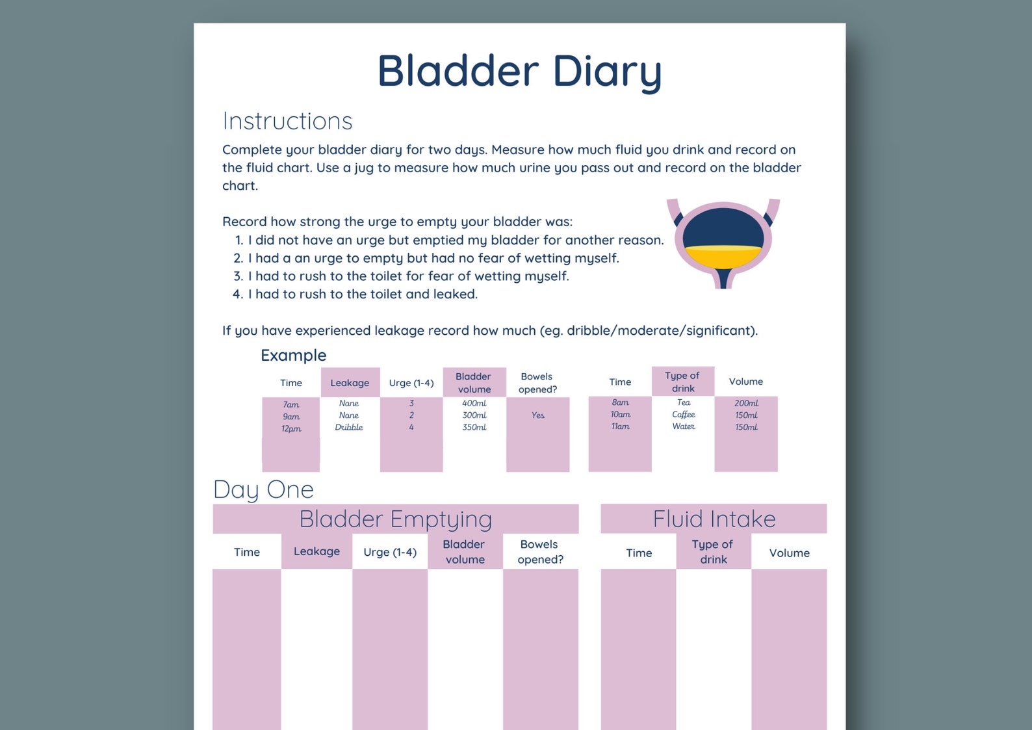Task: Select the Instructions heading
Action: pos(287,121)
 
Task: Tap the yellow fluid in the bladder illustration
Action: pos(723,257)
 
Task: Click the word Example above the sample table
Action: pos(293,355)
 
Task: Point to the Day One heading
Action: pos(263,489)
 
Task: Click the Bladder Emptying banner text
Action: pos(395,519)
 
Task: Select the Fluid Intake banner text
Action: pos(714,519)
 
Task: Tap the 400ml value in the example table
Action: pos(474,403)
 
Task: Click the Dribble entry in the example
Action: pos(349,427)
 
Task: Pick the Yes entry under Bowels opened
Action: pos(538,415)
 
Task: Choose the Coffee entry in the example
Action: pos(683,414)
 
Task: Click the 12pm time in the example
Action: pos(291,428)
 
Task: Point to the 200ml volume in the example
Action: pos(746,403)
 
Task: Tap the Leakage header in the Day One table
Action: pos(316,551)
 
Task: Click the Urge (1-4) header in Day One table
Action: pos(390,552)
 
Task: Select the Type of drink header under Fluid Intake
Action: pos(713,551)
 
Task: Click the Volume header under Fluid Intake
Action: pos(789,553)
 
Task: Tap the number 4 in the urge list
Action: pos(237,294)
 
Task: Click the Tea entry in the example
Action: pos(684,402)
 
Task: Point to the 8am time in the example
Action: pos(620,402)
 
